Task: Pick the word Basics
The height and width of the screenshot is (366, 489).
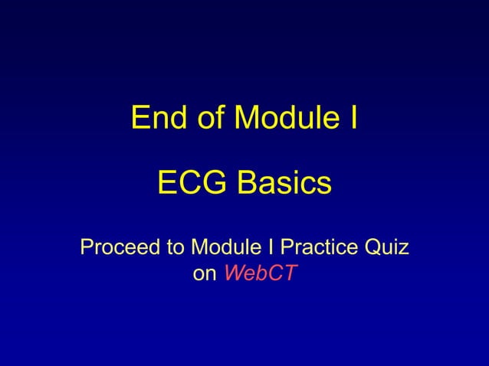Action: coord(284,183)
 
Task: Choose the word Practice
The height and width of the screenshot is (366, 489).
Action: coord(317,248)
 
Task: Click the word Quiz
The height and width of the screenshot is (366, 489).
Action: coord(386,248)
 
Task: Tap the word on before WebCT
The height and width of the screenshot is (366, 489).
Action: coord(204,274)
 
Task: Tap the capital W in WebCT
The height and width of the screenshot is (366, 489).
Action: coord(233,274)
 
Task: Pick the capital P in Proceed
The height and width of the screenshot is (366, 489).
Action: coord(87,248)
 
